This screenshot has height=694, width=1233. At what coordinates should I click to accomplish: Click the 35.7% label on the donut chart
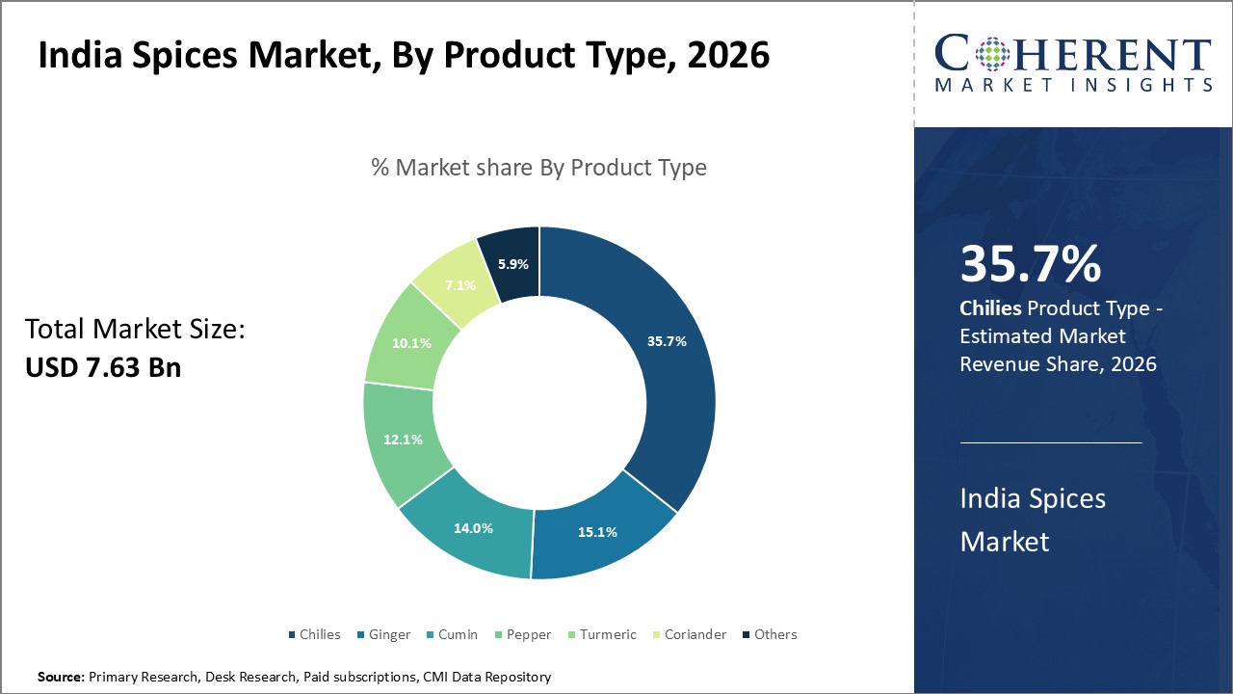667,341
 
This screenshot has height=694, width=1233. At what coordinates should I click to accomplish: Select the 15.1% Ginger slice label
598,531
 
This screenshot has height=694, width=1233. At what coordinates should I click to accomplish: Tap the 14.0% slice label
474,527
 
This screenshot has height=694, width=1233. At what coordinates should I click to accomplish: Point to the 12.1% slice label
404,440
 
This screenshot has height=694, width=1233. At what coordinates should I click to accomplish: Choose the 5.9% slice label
512,263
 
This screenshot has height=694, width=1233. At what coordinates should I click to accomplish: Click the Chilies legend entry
314,634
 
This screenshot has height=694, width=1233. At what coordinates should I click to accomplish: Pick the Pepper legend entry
522,634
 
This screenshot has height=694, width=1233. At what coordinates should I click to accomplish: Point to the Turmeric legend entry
601,634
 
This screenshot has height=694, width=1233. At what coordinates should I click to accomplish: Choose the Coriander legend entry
689,634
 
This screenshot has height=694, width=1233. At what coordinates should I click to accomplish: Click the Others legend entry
770,634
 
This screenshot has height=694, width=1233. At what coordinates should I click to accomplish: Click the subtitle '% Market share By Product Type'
538,167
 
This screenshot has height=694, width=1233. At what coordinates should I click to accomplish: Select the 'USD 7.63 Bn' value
102,367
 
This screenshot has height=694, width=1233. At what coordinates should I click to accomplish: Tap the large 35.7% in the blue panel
1030,264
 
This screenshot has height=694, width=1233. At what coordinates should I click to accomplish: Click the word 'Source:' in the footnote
61,678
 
